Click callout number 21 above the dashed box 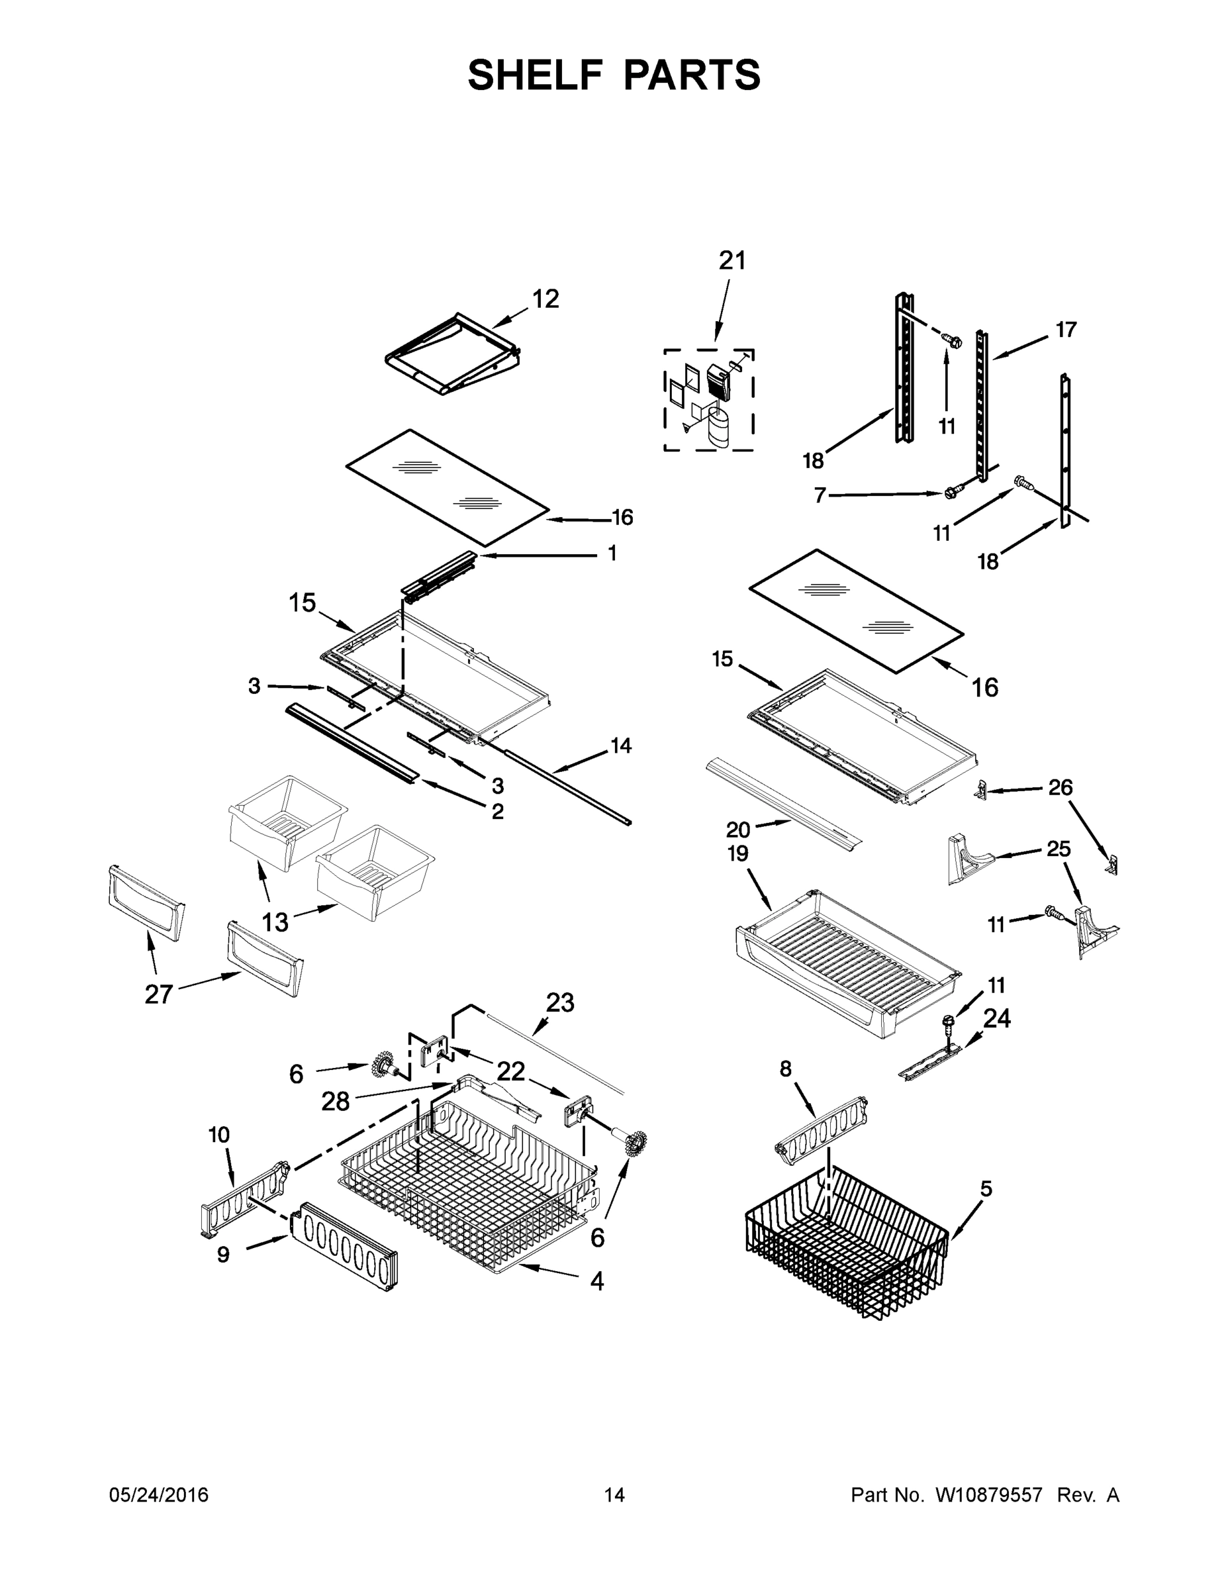pyautogui.click(x=732, y=260)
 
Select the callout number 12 pyautogui.click(x=545, y=299)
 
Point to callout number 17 pyautogui.click(x=1066, y=330)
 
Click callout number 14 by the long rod pyautogui.click(x=620, y=745)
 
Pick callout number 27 pyautogui.click(x=159, y=994)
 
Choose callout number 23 pyautogui.click(x=560, y=1002)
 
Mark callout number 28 pyautogui.click(x=336, y=1102)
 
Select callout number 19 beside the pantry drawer pyautogui.click(x=737, y=853)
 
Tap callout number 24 pyautogui.click(x=997, y=1018)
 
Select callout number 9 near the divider pyautogui.click(x=223, y=1255)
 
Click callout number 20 pyautogui.click(x=737, y=830)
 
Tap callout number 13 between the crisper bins pyautogui.click(x=275, y=922)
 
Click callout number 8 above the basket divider pyautogui.click(x=786, y=1068)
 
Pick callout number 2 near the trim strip pyautogui.click(x=498, y=811)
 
